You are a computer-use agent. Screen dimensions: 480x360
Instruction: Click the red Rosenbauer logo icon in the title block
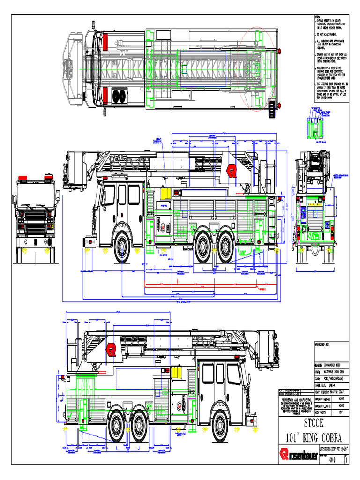point(284,454)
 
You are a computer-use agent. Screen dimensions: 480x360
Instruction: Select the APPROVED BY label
point(322,344)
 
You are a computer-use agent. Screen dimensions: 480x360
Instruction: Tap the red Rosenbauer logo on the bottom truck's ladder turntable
point(111,349)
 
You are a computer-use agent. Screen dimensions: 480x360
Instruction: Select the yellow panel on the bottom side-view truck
point(176,372)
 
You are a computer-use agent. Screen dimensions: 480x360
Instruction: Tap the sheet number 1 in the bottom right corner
point(346,461)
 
